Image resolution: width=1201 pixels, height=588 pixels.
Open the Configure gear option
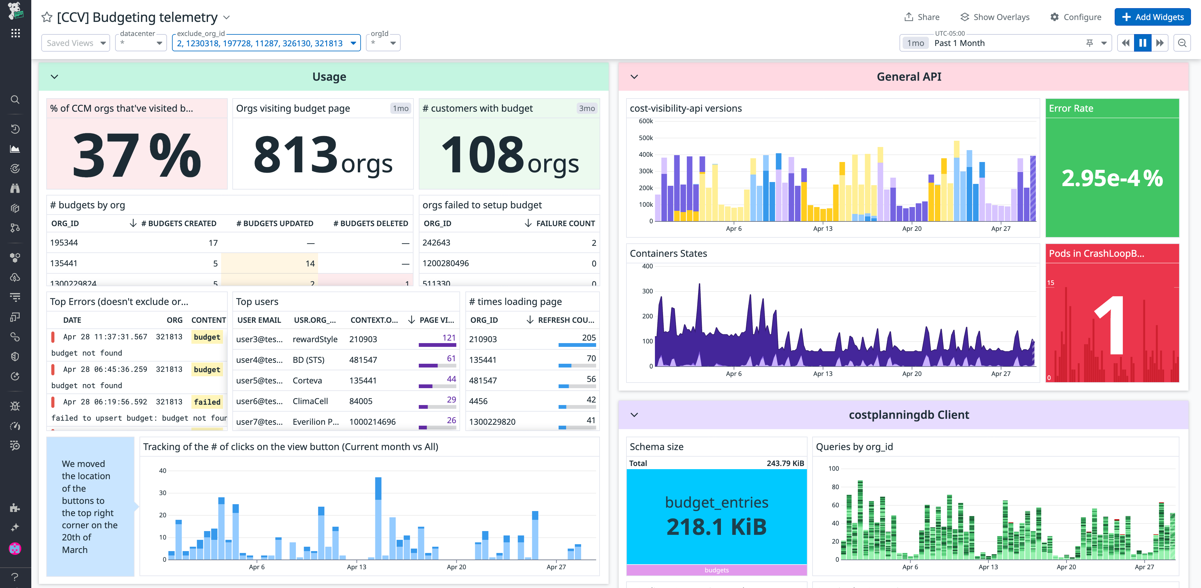pos(1076,17)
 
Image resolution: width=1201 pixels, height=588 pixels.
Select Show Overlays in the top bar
pos(995,17)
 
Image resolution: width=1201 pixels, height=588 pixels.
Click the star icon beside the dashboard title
pos(47,17)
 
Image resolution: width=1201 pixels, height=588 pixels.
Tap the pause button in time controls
pos(1142,43)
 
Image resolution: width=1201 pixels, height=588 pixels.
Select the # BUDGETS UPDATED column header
pos(275,223)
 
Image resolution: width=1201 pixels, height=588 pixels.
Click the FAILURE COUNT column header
pos(565,223)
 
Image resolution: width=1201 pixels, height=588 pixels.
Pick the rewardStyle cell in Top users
pos(315,339)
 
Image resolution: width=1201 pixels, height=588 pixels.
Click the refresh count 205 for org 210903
pos(588,337)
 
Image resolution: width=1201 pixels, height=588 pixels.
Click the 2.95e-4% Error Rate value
pos(1112,178)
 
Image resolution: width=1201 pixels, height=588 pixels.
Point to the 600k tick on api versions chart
pos(646,121)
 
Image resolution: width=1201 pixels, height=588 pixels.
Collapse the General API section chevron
pos(634,77)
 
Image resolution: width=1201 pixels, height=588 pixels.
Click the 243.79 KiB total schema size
pos(785,463)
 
